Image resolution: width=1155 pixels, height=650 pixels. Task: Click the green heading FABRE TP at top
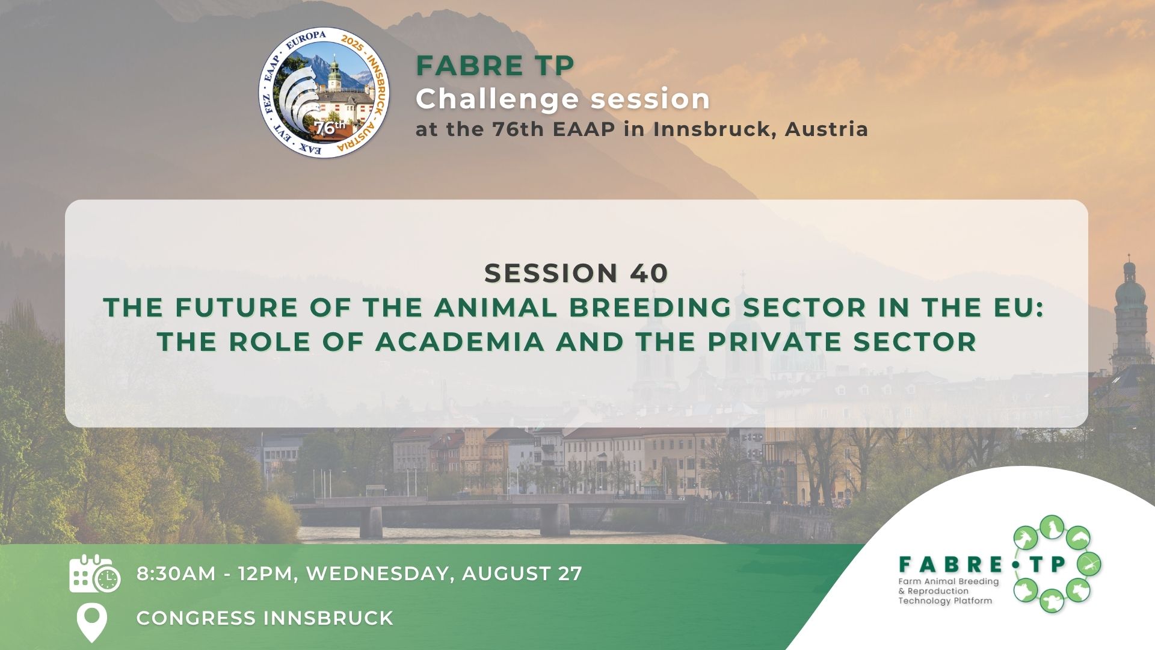[x=494, y=66]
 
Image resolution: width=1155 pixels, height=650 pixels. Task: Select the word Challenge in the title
[x=496, y=99]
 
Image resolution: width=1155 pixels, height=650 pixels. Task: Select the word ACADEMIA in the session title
[x=460, y=342]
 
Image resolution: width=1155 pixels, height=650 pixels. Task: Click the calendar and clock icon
[x=94, y=574]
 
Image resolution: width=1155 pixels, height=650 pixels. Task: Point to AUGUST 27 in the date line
[x=522, y=574]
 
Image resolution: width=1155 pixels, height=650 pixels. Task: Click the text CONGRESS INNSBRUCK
[x=265, y=618]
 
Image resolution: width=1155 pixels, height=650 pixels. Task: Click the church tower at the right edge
[x=1129, y=313]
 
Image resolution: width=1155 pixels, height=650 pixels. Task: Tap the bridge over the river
[x=457, y=509]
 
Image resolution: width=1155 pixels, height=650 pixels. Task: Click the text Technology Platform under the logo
[x=944, y=601]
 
